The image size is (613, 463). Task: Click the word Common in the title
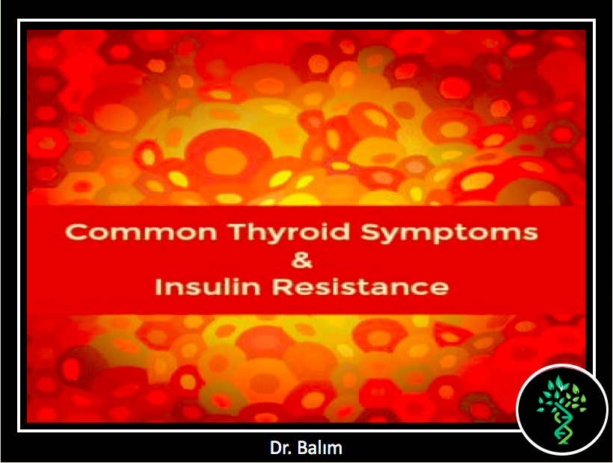point(141,232)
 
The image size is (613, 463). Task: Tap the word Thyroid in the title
point(289,233)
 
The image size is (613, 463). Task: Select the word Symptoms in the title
point(449,233)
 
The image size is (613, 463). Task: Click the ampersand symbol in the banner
point(302,260)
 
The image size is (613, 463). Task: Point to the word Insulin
point(208,286)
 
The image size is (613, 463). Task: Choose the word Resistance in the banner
point(360,286)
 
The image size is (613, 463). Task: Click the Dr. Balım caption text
point(306,448)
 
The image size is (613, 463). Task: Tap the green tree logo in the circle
point(561,410)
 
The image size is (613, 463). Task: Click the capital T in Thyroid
point(238,232)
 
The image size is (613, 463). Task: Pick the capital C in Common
point(74,232)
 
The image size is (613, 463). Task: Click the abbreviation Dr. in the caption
point(280,448)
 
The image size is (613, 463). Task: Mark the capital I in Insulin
point(158,286)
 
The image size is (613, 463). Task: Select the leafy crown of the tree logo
point(561,392)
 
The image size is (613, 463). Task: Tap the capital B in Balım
point(302,448)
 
